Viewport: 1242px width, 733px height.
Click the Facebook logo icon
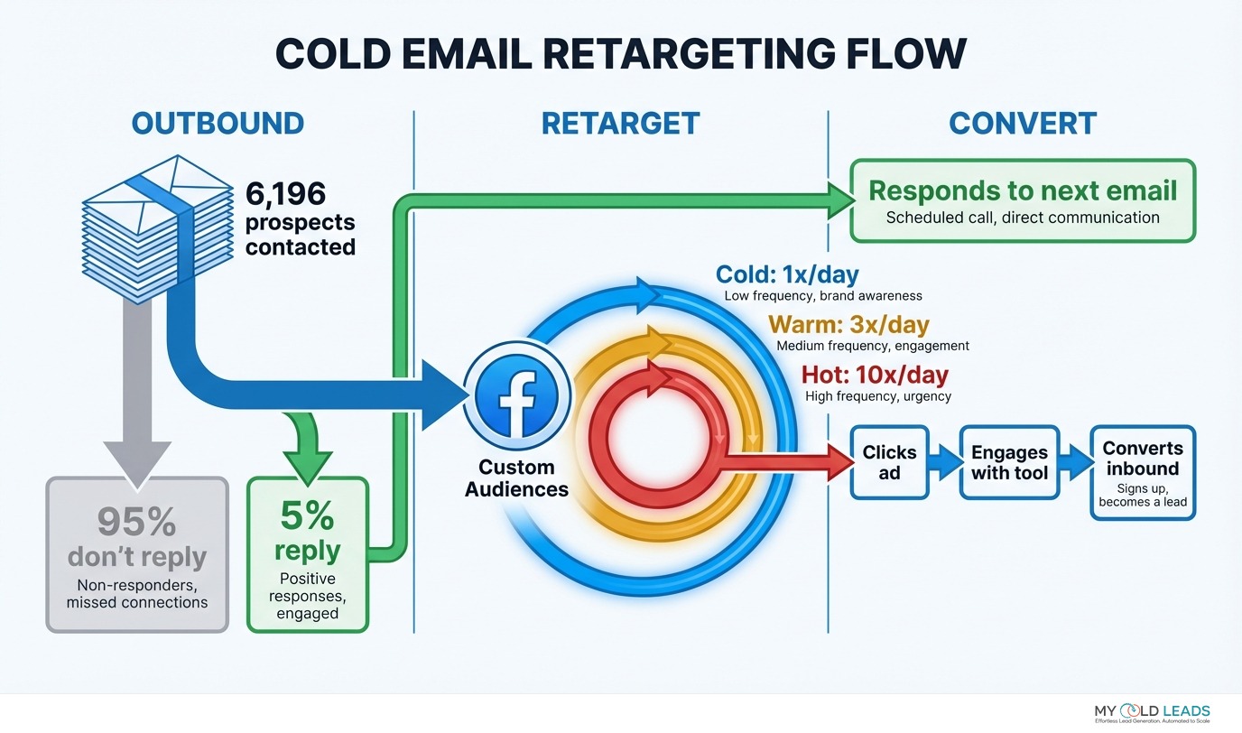coord(516,396)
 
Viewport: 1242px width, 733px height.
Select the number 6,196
coord(285,193)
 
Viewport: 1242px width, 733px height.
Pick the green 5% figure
coord(307,516)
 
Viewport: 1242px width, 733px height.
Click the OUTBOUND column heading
coord(218,124)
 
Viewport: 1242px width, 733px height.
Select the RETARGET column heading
coord(620,124)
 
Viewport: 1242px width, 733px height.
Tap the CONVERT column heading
coord(1023,124)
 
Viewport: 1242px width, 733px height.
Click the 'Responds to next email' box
coord(1023,200)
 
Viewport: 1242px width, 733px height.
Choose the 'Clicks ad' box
coord(889,462)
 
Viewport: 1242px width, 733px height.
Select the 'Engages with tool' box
coord(1009,462)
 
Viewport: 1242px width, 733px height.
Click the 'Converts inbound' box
coord(1142,472)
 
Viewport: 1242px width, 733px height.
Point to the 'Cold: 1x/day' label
coord(787,274)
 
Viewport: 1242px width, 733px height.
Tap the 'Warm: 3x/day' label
coord(848,323)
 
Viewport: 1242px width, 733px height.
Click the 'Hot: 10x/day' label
coord(875,374)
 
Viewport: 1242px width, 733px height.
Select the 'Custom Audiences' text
coord(516,478)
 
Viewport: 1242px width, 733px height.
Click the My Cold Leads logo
coord(1152,712)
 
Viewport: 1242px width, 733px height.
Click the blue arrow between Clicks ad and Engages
coord(944,462)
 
